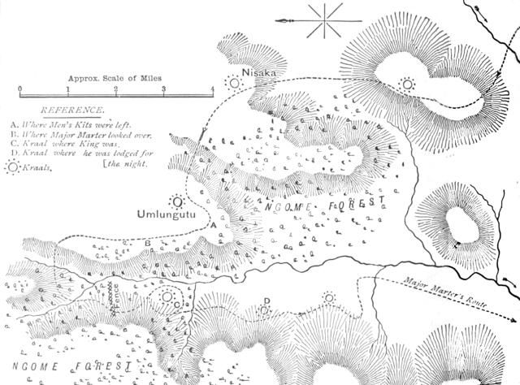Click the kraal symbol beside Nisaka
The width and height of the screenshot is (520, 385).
point(236,80)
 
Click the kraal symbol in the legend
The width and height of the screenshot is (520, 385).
point(11,166)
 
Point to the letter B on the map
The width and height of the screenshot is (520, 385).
point(147,243)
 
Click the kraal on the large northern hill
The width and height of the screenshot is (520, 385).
point(407,84)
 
